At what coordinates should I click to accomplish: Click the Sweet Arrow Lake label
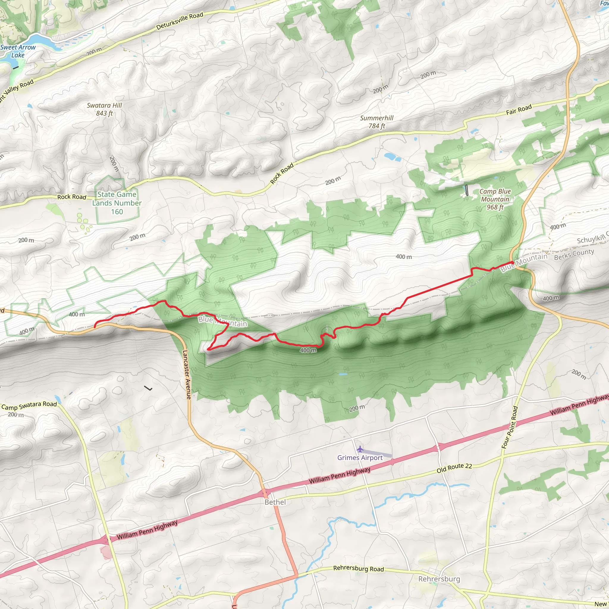pyautogui.click(x=18, y=51)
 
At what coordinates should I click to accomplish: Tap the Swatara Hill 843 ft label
pyautogui.click(x=104, y=109)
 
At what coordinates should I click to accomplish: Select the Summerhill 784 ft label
pyautogui.click(x=377, y=122)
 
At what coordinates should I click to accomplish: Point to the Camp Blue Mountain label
pyautogui.click(x=495, y=199)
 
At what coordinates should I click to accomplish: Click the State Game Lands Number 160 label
pyautogui.click(x=117, y=203)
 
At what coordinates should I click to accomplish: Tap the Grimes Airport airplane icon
pyautogui.click(x=360, y=449)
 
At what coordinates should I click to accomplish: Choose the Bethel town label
pyautogui.click(x=275, y=502)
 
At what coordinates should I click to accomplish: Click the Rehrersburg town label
pyautogui.click(x=439, y=579)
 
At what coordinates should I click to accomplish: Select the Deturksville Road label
pyautogui.click(x=180, y=21)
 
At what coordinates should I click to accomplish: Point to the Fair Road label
pyautogui.click(x=519, y=109)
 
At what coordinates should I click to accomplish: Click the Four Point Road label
pyautogui.click(x=510, y=427)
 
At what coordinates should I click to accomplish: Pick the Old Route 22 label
pyautogui.click(x=454, y=468)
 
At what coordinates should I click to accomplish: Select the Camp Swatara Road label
pyautogui.click(x=29, y=405)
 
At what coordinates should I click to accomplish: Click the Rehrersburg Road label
pyautogui.click(x=358, y=569)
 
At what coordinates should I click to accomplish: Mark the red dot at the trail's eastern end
pyautogui.click(x=512, y=263)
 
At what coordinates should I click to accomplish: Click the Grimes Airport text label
pyautogui.click(x=360, y=458)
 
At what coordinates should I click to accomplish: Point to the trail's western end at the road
pyautogui.click(x=95, y=327)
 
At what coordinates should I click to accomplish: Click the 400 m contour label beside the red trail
pyautogui.click(x=308, y=350)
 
